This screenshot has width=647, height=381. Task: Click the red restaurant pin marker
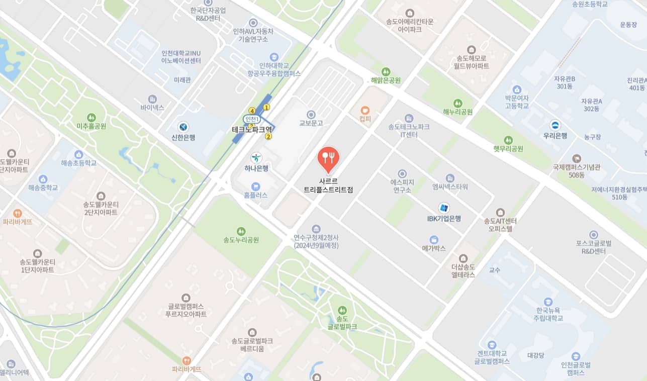pos(328,158)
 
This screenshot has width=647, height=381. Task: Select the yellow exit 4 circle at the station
pos(252,111)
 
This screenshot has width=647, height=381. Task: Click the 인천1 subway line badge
pos(252,119)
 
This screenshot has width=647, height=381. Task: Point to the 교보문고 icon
pos(311,115)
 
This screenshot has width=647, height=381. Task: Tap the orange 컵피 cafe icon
pos(365,110)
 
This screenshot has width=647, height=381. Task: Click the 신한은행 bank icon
pos(183,127)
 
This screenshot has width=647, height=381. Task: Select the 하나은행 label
pos(256,168)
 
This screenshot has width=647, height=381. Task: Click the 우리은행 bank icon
pos(555,125)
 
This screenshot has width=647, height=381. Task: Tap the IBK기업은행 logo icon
pos(444,208)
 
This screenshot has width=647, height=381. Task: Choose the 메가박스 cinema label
pos(434,248)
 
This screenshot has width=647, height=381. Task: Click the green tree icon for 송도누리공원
pos(241,231)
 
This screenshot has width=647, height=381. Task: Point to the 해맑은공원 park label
pos(386,80)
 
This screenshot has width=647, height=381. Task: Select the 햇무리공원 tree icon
pos(508,140)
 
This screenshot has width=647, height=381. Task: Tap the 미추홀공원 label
pos(91,126)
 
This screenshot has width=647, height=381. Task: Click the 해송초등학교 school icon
pos(78,154)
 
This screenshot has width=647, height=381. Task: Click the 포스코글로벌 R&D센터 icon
pos(594,235)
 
